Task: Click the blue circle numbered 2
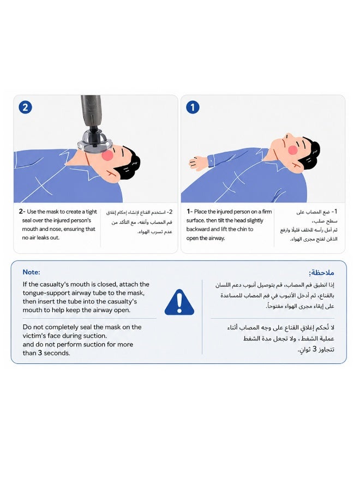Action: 25,107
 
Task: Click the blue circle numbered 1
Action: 193,107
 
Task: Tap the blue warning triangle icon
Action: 179,302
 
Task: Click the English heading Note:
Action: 31,272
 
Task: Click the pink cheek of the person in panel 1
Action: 292,149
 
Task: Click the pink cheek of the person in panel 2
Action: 107,155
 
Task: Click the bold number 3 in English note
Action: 40,353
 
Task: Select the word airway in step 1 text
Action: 216,238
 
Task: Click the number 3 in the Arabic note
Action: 315,349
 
